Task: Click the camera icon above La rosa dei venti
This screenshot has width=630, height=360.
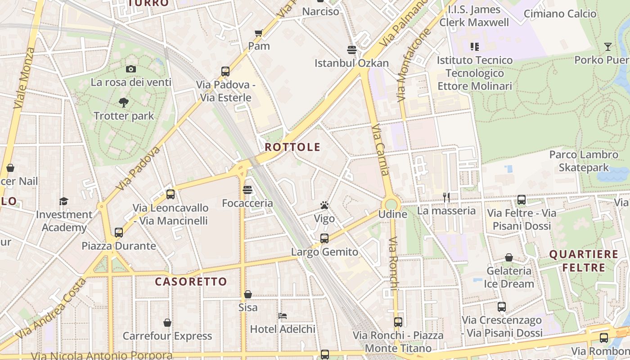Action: pyautogui.click(x=131, y=69)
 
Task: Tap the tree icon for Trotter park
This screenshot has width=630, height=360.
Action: pyautogui.click(x=124, y=103)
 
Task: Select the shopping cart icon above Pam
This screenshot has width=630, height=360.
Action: pyautogui.click(x=259, y=33)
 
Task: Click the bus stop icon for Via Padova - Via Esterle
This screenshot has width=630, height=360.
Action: pyautogui.click(x=225, y=71)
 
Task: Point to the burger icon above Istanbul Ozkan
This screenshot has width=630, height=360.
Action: pyautogui.click(x=351, y=49)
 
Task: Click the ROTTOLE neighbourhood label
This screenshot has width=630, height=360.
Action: pyautogui.click(x=292, y=147)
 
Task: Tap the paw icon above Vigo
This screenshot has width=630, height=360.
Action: pyautogui.click(x=324, y=205)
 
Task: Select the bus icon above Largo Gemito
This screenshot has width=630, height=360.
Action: pyautogui.click(x=324, y=238)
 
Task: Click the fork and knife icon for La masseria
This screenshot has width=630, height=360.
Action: pyautogui.click(x=446, y=197)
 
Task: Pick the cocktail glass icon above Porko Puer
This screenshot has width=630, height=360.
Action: pyautogui.click(x=607, y=46)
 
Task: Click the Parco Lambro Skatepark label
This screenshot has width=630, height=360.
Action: pyautogui.click(x=584, y=161)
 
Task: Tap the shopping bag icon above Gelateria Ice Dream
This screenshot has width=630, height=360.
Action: pyautogui.click(x=509, y=257)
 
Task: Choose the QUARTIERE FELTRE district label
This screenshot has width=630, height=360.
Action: pyautogui.click(x=584, y=261)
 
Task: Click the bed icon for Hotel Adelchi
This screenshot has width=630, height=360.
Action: pyautogui.click(x=283, y=315)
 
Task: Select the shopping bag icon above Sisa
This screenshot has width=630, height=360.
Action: pyautogui.click(x=248, y=294)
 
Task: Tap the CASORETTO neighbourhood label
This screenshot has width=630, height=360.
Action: pyautogui.click(x=191, y=282)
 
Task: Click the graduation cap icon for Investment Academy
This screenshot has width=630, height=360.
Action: pyautogui.click(x=64, y=201)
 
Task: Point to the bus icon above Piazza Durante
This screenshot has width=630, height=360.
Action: pyautogui.click(x=119, y=232)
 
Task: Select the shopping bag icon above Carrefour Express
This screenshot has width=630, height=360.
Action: pyautogui.click(x=167, y=323)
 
